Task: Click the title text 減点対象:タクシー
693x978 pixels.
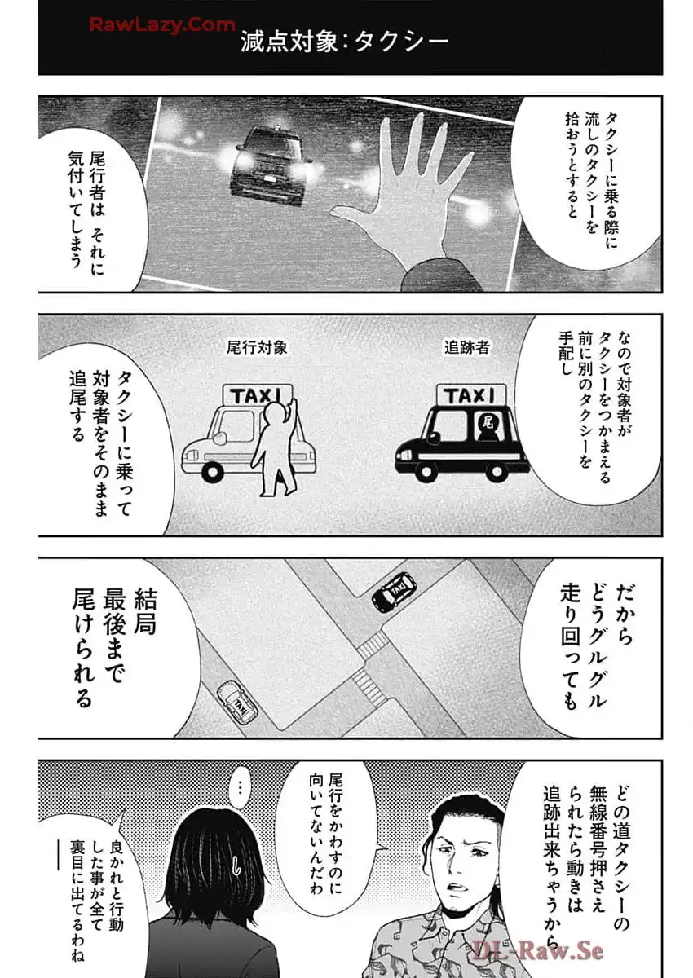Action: pos(345,42)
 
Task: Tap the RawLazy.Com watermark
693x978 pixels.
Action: pos(162,25)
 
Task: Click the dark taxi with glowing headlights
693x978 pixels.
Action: pos(271,165)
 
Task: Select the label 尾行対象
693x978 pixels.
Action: pos(257,347)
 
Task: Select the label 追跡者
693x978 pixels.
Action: pos(467,347)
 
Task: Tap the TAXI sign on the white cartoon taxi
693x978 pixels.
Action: pos(257,395)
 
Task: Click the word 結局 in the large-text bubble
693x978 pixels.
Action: pos(144,611)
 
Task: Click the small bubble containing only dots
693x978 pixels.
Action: pos(239,796)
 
